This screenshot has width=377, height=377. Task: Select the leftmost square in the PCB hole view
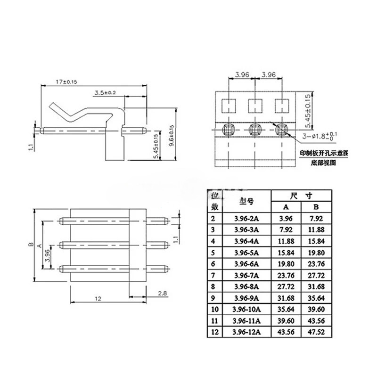tap(229, 105)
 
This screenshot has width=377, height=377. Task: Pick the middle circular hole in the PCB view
tap(255, 128)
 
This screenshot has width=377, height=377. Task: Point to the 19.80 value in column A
tap(286, 263)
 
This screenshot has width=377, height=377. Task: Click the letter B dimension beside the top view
tap(29, 245)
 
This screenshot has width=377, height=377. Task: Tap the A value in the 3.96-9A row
tap(286, 297)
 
